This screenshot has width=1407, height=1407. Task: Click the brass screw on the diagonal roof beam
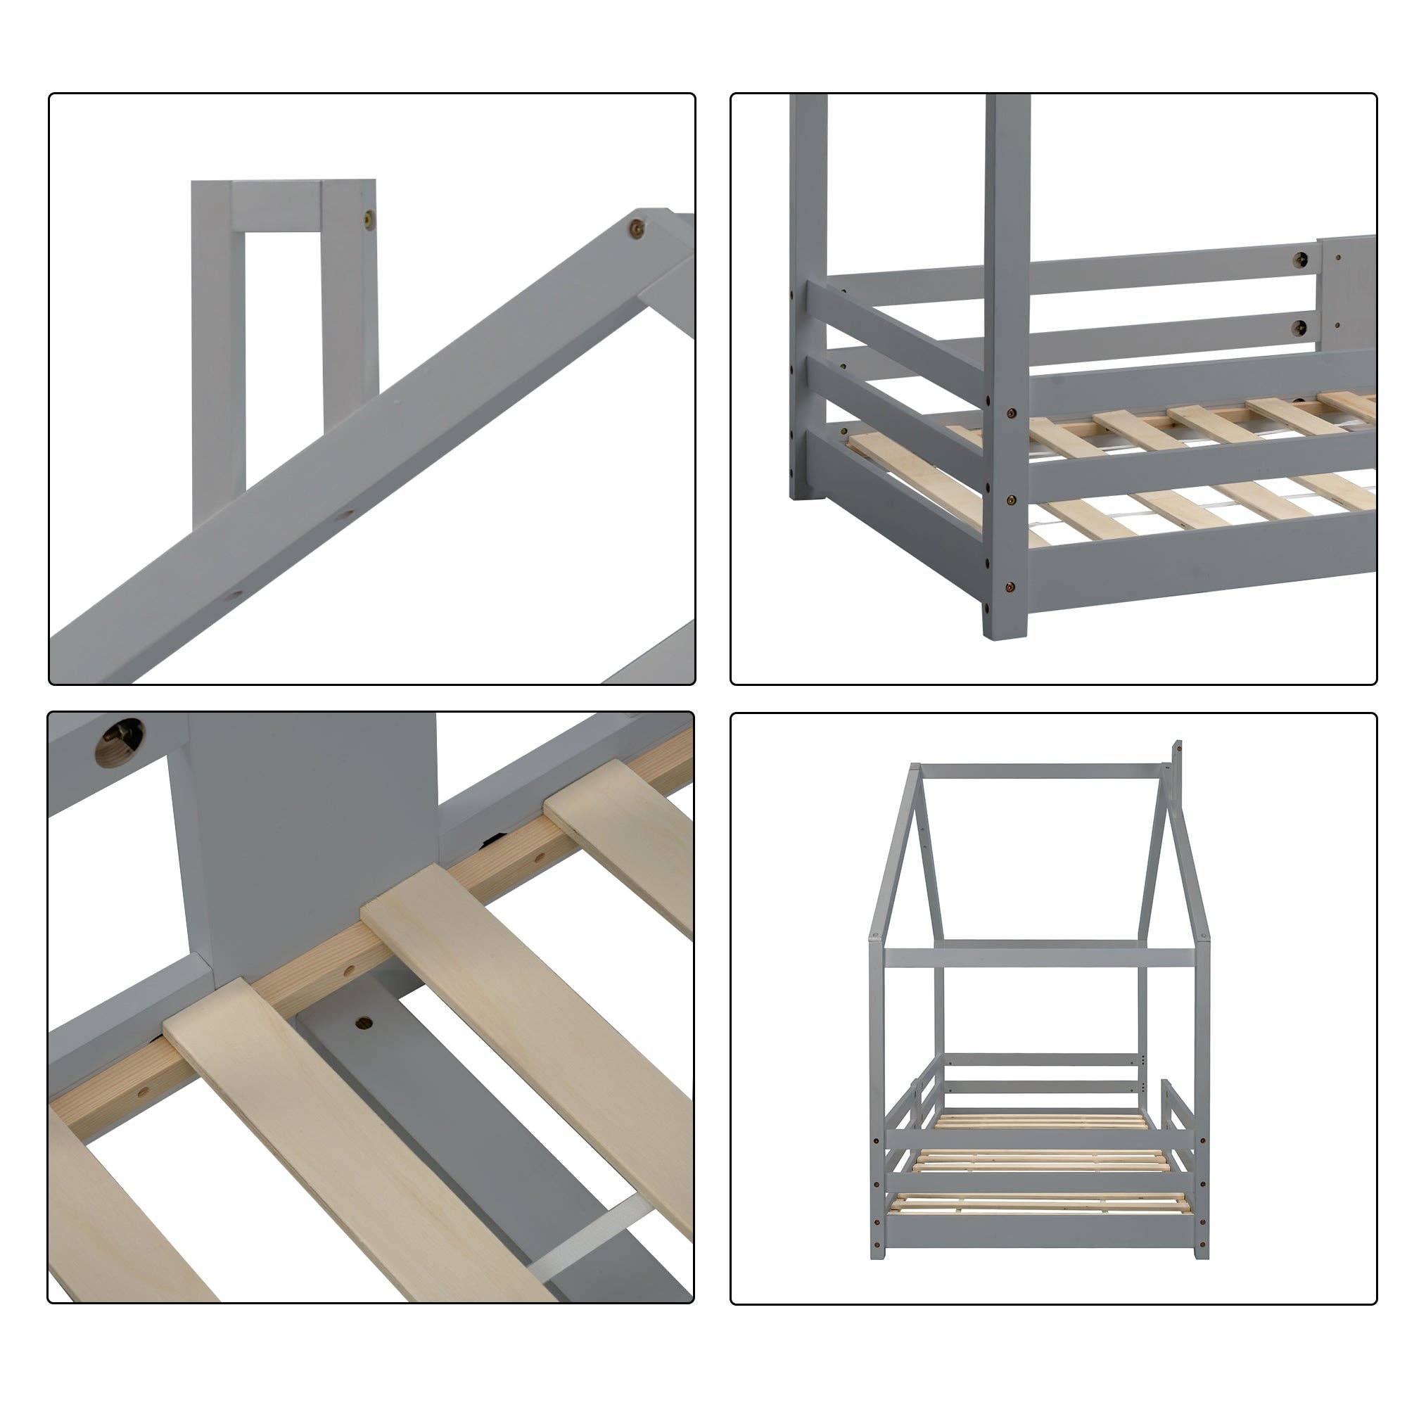click(x=637, y=228)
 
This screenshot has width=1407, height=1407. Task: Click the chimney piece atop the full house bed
click(x=1176, y=762)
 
